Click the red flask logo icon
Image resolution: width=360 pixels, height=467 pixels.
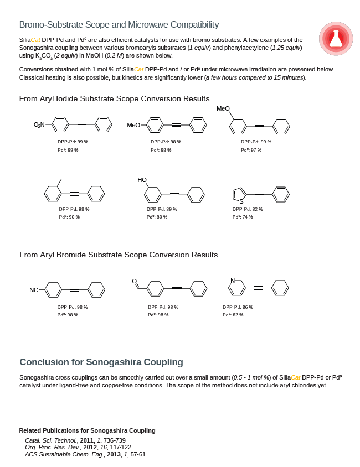[x=336, y=39]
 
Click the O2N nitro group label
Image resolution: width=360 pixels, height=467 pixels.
[x=39, y=125]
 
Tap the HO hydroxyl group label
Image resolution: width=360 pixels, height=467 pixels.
[x=142, y=180]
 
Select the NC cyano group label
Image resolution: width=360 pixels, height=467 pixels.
[x=34, y=290]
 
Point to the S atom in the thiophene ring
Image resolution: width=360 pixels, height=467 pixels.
[x=241, y=201]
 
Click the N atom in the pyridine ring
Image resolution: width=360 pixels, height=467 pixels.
[x=233, y=281]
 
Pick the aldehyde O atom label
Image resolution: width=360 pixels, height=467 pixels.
[x=134, y=281]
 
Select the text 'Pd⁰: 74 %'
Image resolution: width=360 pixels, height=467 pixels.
[x=243, y=217]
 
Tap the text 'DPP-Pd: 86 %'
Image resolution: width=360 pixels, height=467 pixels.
[x=238, y=307]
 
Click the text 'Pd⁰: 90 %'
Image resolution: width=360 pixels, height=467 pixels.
[x=69, y=217]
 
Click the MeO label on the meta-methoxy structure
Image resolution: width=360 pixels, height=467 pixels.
[x=223, y=109]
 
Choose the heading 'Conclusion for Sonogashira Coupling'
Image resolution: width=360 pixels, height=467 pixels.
[x=101, y=362]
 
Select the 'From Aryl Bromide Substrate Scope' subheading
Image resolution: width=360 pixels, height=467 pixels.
[x=119, y=255]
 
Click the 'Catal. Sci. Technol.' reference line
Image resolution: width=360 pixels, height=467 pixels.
[x=75, y=440]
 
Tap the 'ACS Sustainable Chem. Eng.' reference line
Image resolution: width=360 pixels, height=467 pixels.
[x=85, y=454]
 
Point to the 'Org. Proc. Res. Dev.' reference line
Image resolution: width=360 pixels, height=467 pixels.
[x=78, y=447]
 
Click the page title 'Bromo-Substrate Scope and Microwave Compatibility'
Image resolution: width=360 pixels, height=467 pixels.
[x=119, y=25]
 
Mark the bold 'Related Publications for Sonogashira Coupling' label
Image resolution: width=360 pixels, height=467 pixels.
[x=87, y=430]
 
